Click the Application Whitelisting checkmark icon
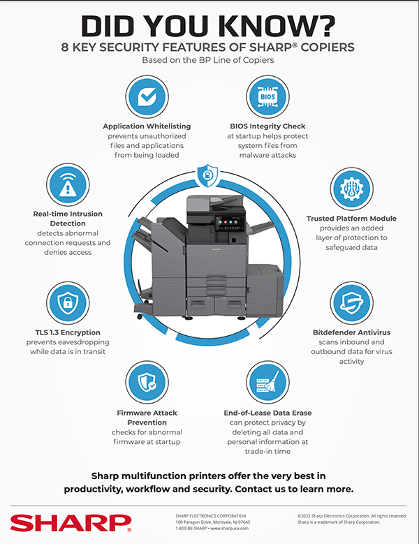[147, 97]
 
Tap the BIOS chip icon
[269, 97]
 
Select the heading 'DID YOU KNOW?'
[209, 25]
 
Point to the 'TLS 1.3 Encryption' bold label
[63, 332]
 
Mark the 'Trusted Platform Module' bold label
[352, 219]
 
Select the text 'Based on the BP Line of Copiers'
[209, 60]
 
